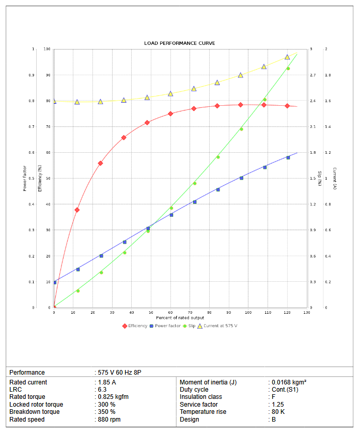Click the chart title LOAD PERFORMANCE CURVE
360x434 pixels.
point(180,43)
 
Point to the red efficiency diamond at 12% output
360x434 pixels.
point(77,210)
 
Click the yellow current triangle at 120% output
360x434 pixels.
point(287,57)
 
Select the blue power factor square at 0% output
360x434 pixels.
point(54,282)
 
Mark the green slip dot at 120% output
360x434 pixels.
point(288,69)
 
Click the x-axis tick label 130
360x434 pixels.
point(307,313)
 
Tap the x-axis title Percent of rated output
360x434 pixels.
point(180,318)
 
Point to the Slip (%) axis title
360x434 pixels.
point(319,178)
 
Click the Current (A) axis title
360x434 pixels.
point(334,178)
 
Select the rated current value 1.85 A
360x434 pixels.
point(107,382)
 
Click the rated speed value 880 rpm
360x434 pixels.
point(110,420)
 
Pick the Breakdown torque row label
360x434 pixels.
point(35,412)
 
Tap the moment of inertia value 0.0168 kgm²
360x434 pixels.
point(289,382)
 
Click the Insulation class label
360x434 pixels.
point(201,397)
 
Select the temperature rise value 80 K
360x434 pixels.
point(278,412)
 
